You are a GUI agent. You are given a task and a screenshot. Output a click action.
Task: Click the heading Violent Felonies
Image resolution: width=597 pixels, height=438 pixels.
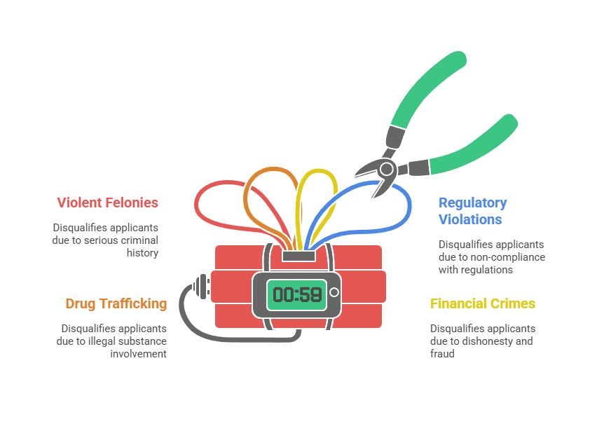pyautogui.click(x=108, y=203)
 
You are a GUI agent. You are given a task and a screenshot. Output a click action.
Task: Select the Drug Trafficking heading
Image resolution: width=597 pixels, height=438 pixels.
pyautogui.click(x=116, y=303)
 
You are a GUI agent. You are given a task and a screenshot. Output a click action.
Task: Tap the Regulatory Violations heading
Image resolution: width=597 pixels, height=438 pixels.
pyautogui.click(x=472, y=210)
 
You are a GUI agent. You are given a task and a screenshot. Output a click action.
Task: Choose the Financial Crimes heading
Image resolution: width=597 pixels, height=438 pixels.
pyautogui.click(x=483, y=303)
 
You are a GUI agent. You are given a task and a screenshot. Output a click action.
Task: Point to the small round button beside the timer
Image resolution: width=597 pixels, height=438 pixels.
pyautogui.click(x=334, y=292)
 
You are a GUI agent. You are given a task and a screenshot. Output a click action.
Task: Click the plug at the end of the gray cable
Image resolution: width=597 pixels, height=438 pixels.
pyautogui.click(x=203, y=285)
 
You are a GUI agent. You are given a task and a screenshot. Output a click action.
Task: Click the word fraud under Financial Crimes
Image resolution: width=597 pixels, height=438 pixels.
pyautogui.click(x=443, y=353)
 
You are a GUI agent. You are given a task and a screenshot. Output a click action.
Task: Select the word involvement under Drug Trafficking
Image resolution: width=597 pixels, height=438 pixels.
pyautogui.click(x=139, y=353)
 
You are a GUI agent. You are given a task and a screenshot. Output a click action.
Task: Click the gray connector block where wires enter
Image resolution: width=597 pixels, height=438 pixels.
pyautogui.click(x=297, y=255)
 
